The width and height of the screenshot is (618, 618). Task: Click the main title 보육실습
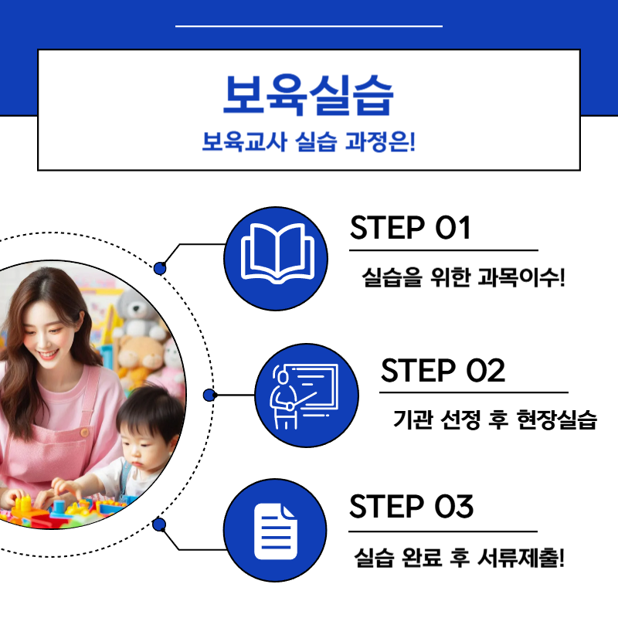pyautogui.click(x=308, y=96)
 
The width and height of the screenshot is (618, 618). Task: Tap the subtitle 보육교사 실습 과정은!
pyautogui.click(x=308, y=143)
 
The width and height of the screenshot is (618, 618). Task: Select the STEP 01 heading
pyautogui.click(x=410, y=229)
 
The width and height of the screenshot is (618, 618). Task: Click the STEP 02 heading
pyautogui.click(x=443, y=371)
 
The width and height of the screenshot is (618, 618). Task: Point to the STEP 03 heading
pyautogui.click(x=411, y=508)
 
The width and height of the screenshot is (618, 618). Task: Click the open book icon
pyautogui.click(x=276, y=253)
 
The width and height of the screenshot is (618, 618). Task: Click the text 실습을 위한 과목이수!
pyautogui.click(x=463, y=277)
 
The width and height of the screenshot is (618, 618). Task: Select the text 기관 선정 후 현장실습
pyautogui.click(x=495, y=420)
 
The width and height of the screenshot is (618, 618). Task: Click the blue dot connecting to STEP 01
pyautogui.click(x=160, y=268)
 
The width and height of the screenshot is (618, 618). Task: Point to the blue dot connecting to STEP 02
pyautogui.click(x=209, y=396)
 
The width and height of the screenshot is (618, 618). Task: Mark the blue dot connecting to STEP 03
pyautogui.click(x=160, y=525)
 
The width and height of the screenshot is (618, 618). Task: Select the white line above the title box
pyautogui.click(x=308, y=26)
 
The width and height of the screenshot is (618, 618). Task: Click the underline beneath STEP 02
pyautogui.click(x=474, y=392)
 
